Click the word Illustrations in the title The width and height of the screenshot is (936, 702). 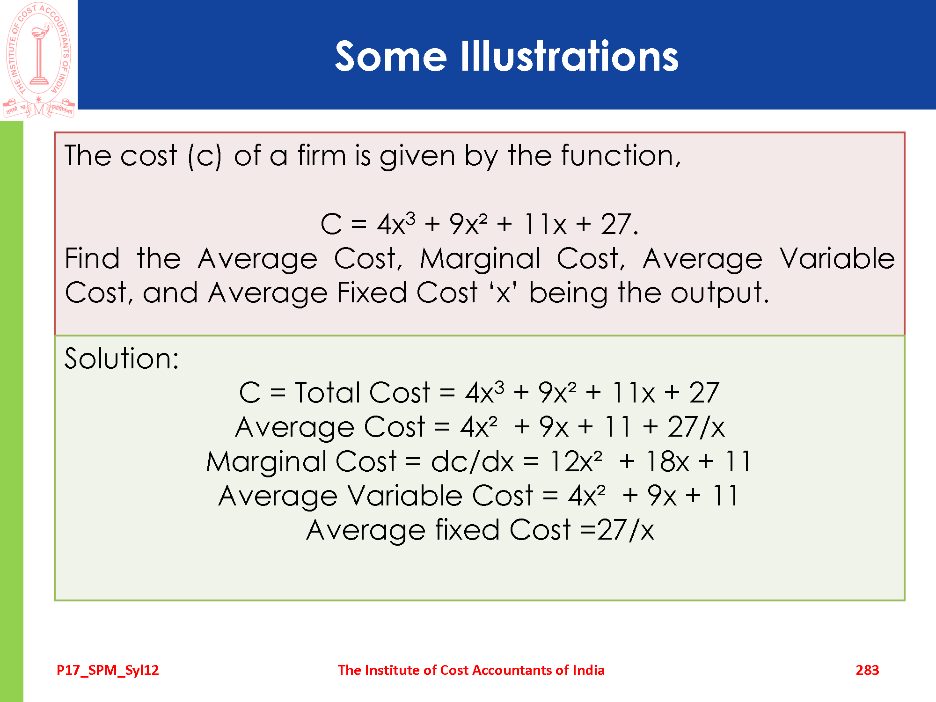pyautogui.click(x=570, y=56)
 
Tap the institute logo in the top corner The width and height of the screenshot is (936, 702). pyautogui.click(x=39, y=59)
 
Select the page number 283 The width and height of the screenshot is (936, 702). pyautogui.click(x=867, y=670)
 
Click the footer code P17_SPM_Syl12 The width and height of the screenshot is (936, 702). pyautogui.click(x=108, y=671)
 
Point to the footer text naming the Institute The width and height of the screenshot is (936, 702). pyautogui.click(x=471, y=670)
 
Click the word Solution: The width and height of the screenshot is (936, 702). pyautogui.click(x=122, y=358)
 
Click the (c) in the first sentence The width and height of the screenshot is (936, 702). pyautogui.click(x=205, y=156)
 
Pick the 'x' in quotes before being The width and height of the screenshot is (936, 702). pyautogui.click(x=503, y=293)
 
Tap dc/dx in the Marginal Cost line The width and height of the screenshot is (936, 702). pyautogui.click(x=472, y=461)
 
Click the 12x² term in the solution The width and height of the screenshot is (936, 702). pyautogui.click(x=576, y=461)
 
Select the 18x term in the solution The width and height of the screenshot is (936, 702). pyautogui.click(x=667, y=461)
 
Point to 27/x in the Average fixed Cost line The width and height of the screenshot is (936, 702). pyautogui.click(x=625, y=530)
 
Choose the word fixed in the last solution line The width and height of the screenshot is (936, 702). pyautogui.click(x=467, y=530)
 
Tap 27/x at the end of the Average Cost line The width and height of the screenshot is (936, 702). pyautogui.click(x=696, y=427)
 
